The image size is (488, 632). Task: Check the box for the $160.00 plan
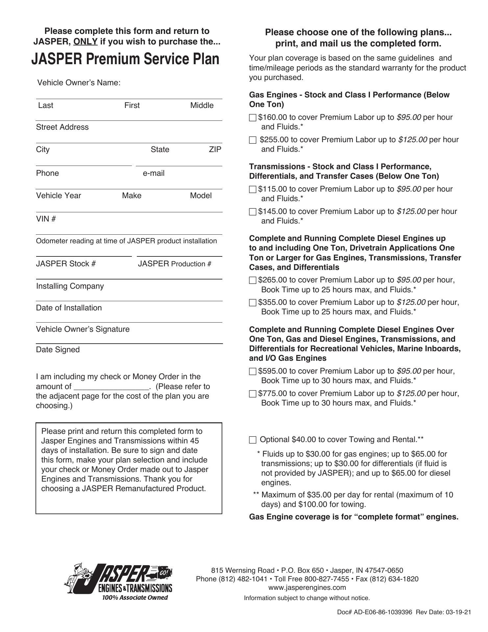(x=253, y=118)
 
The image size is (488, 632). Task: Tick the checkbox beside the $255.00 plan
(x=253, y=140)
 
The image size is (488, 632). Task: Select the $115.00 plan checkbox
(x=253, y=189)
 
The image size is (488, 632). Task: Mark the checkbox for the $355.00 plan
(x=253, y=303)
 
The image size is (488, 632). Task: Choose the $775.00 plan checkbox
(x=253, y=394)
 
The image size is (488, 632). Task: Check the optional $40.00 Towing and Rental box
(x=253, y=440)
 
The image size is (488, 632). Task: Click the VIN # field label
(x=46, y=219)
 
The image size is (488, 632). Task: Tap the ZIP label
(x=215, y=149)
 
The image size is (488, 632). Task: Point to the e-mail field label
(x=154, y=173)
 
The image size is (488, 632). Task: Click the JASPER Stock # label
(x=66, y=264)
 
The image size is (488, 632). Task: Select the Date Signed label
(x=58, y=350)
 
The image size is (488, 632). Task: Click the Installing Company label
(x=70, y=286)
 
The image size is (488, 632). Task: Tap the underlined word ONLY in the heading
(x=85, y=42)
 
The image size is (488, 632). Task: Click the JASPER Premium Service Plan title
(x=125, y=59)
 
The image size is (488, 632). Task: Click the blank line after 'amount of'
(x=111, y=387)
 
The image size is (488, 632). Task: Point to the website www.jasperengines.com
(x=307, y=588)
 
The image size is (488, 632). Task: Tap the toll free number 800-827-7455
(x=327, y=579)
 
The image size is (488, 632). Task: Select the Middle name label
(x=202, y=105)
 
